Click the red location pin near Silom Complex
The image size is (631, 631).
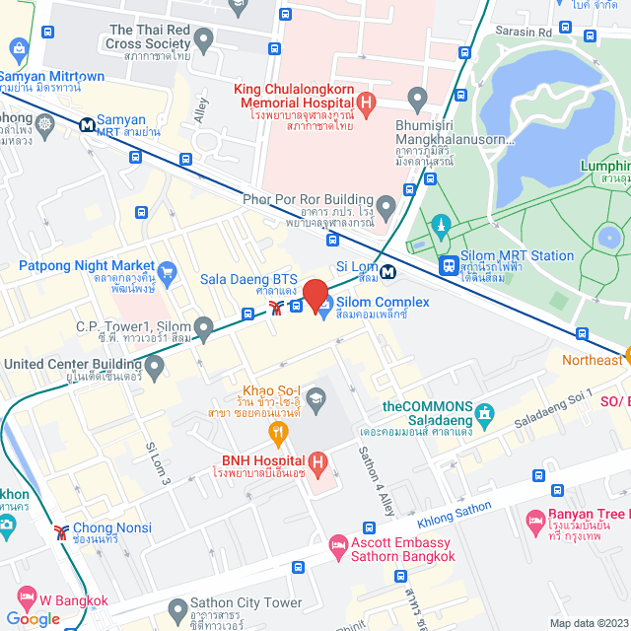pyautogui.click(x=315, y=296)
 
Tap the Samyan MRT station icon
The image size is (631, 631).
pyautogui.click(x=87, y=125)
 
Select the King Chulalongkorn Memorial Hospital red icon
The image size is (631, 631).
pyautogui.click(x=367, y=101)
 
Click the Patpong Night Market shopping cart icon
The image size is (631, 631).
pyautogui.click(x=167, y=272)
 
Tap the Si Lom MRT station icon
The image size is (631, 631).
pyautogui.click(x=388, y=271)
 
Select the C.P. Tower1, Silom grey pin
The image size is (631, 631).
pyautogui.click(x=204, y=326)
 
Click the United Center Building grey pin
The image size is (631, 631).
pyautogui.click(x=155, y=366)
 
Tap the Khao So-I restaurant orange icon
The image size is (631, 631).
pyautogui.click(x=279, y=431)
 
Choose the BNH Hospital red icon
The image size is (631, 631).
pyautogui.click(x=317, y=461)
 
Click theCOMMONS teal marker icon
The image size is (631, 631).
pyautogui.click(x=483, y=413)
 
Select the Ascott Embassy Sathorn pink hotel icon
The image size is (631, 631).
pyautogui.click(x=337, y=544)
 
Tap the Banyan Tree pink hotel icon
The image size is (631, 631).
pyautogui.click(x=536, y=519)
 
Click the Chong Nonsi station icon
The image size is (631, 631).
pyautogui.click(x=63, y=532)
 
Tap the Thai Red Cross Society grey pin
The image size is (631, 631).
pyautogui.click(x=204, y=41)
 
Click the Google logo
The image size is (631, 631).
pyautogui.click(x=33, y=618)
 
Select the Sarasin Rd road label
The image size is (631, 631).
pyautogui.click(x=525, y=32)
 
